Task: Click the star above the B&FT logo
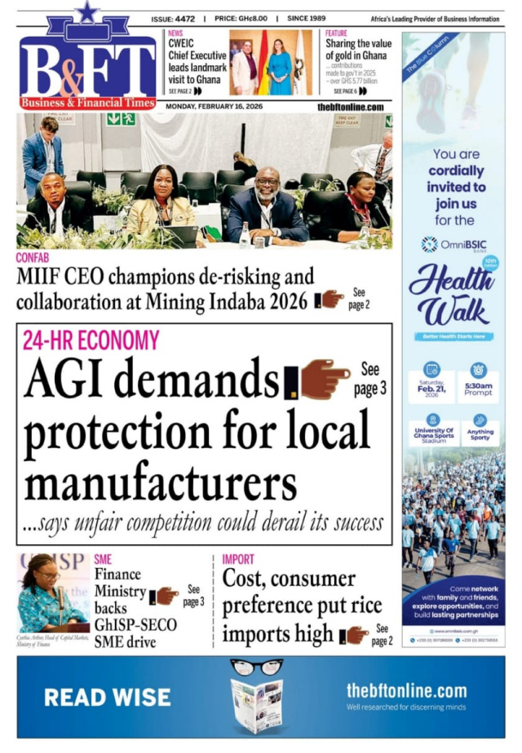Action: coord(86,11)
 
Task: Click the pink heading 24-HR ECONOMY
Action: coord(91,340)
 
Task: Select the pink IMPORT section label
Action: coord(238,559)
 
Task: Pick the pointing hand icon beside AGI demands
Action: coord(325,379)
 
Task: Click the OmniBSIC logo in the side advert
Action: coord(451,244)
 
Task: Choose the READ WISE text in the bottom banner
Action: coord(108,697)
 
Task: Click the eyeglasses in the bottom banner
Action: coord(255,667)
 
